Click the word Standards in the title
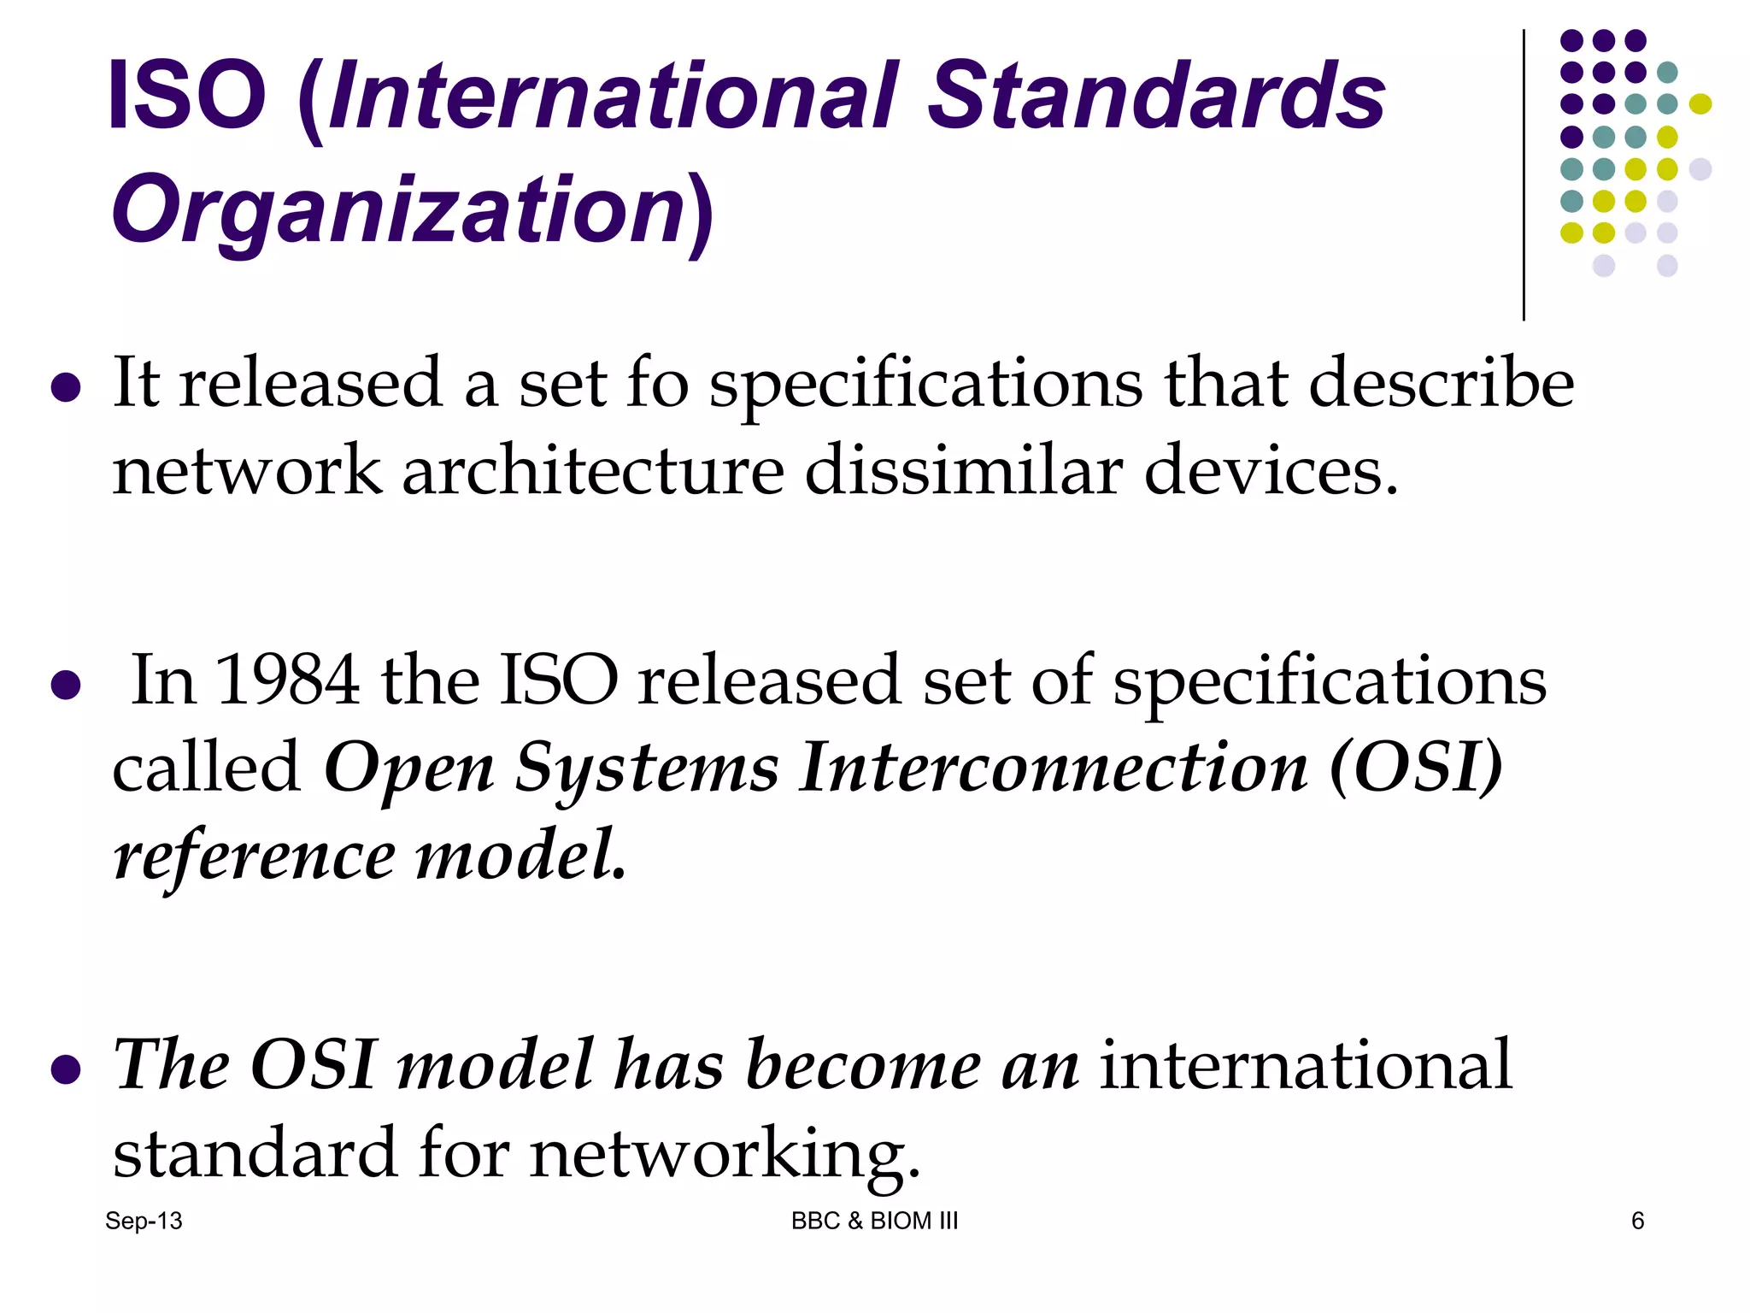pos(1155,96)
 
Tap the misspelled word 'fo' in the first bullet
pos(657,384)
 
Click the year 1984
pos(287,680)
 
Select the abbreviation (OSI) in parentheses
pos(1415,768)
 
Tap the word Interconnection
pos(1053,768)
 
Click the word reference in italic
pos(254,857)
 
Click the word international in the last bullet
pos(1305,1065)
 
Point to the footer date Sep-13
pos(144,1221)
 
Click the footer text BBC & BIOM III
pos(874,1221)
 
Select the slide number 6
pos(1637,1221)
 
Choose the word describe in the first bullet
pos(1441,384)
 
